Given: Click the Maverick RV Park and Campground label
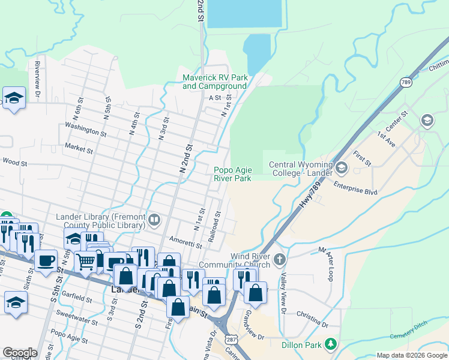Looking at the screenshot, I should [x=215, y=82].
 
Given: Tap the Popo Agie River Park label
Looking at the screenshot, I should [x=232, y=174].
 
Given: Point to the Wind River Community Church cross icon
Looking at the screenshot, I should [x=279, y=260].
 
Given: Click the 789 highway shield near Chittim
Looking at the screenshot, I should [x=406, y=82].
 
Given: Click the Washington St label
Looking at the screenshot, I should [x=86, y=130].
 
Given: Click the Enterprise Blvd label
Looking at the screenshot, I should [x=355, y=187].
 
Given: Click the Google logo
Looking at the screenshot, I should [x=20, y=353].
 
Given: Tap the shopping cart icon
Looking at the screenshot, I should [x=85, y=260].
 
